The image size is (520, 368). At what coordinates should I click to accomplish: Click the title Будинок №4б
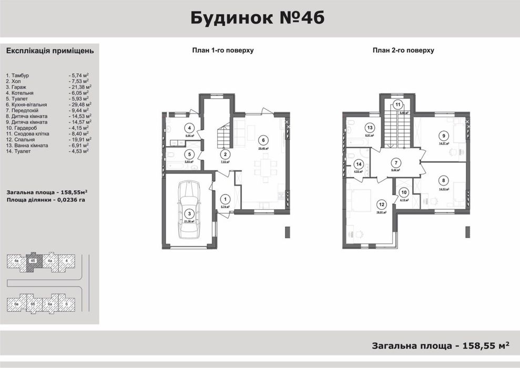257,18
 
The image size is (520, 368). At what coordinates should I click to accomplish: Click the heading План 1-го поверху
223,50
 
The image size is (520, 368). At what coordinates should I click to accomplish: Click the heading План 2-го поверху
403,50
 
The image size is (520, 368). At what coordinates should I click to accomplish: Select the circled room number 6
262,140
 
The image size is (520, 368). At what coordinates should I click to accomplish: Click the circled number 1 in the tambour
225,199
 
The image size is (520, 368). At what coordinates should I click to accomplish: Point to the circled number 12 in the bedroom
381,205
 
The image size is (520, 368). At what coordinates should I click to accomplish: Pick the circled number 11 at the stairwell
398,104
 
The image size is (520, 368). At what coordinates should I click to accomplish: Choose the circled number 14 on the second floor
359,163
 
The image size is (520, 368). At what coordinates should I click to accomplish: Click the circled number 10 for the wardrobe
404,192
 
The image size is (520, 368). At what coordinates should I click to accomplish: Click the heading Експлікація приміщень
49,51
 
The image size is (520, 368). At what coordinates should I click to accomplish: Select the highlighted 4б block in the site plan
33,261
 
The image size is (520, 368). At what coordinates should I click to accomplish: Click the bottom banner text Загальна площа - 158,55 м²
441,345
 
